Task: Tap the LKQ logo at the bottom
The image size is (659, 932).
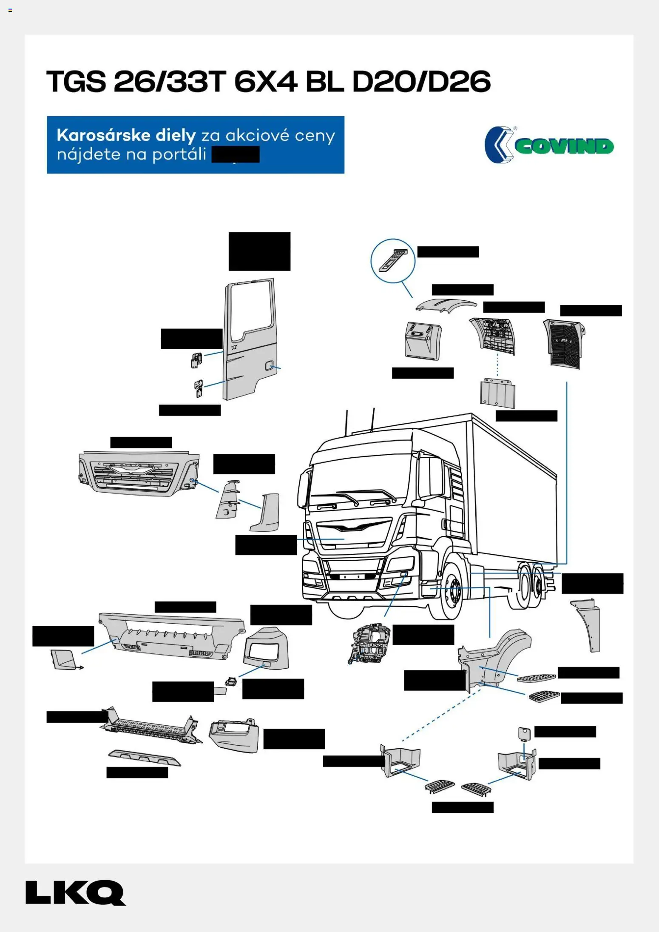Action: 75,892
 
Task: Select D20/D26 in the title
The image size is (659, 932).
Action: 421,82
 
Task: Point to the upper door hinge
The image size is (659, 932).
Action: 196,360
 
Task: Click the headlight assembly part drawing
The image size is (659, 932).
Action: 368,644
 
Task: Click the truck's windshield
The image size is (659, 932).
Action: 359,481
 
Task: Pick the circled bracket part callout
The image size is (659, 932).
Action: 393,260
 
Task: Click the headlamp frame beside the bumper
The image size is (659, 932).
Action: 267,649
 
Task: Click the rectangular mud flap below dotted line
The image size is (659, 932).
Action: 497,392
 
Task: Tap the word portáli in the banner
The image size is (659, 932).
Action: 179,154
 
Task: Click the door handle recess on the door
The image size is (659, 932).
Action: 269,365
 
